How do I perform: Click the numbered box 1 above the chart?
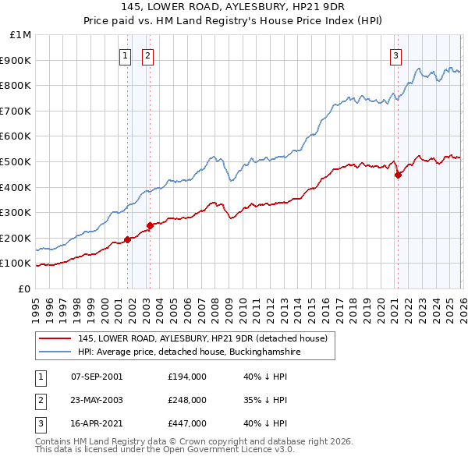[125, 55]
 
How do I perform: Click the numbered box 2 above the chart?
[147, 55]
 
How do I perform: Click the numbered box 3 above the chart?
[395, 55]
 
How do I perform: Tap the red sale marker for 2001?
[127, 239]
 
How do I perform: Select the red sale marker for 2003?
[151, 226]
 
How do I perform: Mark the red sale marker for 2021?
[398, 175]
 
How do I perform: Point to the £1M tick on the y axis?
[21, 35]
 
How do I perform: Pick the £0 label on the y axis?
[24, 288]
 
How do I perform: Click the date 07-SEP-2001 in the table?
[97, 377]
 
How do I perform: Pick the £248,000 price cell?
[187, 400]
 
